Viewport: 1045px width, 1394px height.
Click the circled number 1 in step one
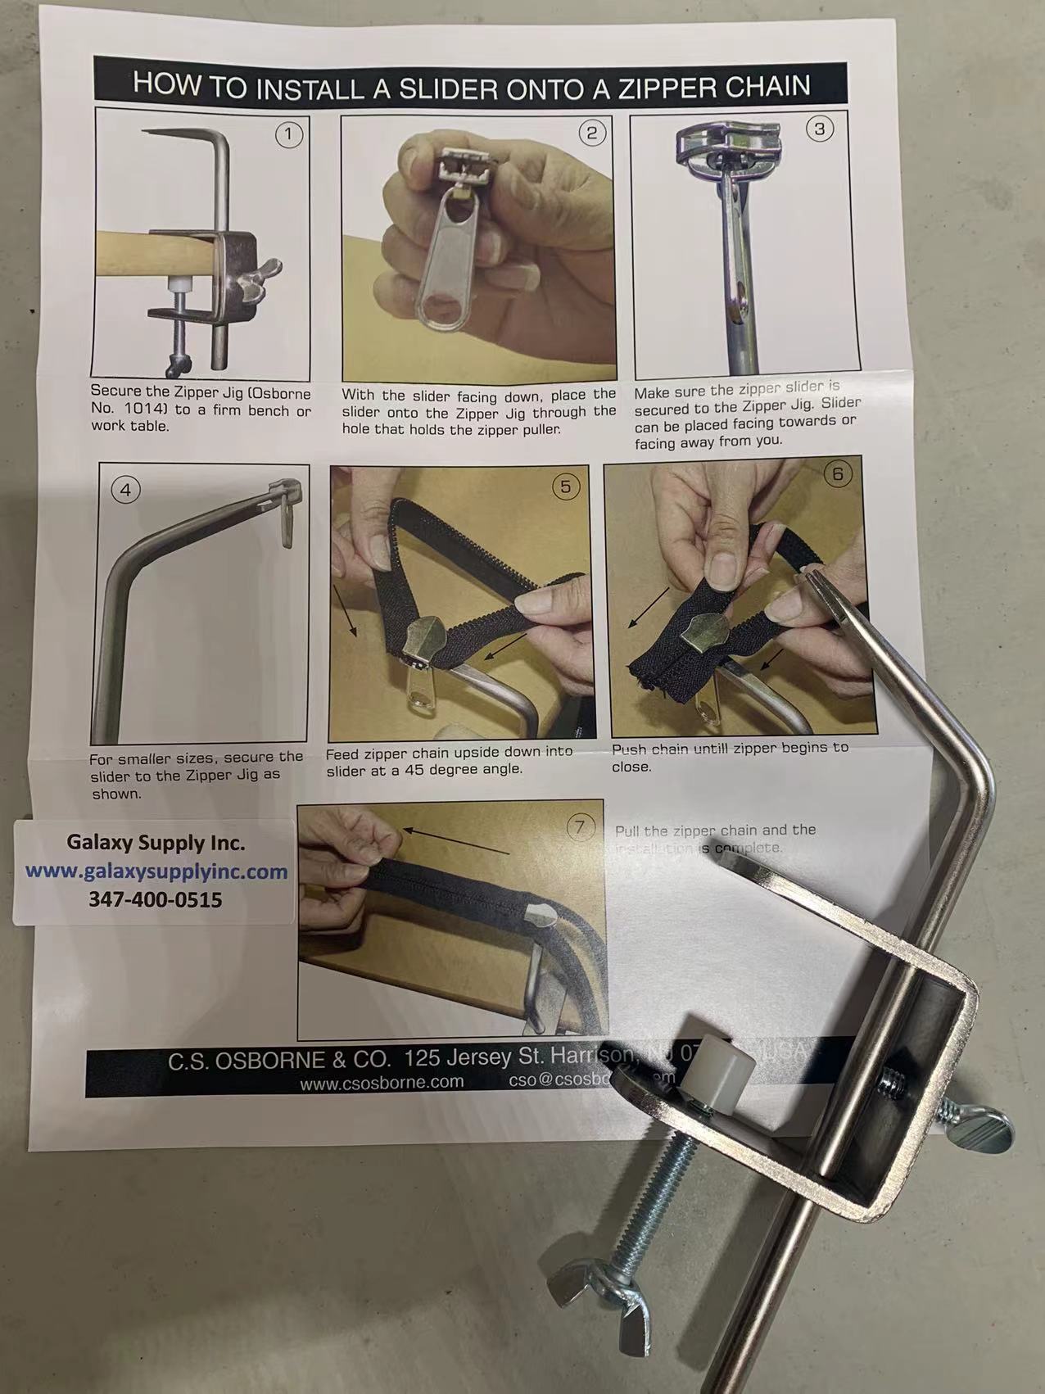coord(288,134)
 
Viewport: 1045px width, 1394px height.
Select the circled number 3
coord(820,129)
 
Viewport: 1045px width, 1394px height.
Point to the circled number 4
coord(125,490)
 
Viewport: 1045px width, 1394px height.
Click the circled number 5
coord(565,487)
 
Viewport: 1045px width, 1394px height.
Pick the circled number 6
coord(836,473)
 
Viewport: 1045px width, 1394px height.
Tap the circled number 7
coord(580,827)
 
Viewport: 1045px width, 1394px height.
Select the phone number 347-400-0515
coord(155,899)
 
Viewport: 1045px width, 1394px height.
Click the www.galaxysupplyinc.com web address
coord(156,871)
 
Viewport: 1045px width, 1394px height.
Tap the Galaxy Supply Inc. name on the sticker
coord(155,843)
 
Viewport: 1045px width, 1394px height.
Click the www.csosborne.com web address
coord(382,1082)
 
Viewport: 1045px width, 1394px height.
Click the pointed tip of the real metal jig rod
coord(807,577)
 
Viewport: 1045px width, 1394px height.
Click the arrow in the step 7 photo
coord(455,841)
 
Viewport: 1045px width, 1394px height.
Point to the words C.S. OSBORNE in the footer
coord(278,1060)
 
